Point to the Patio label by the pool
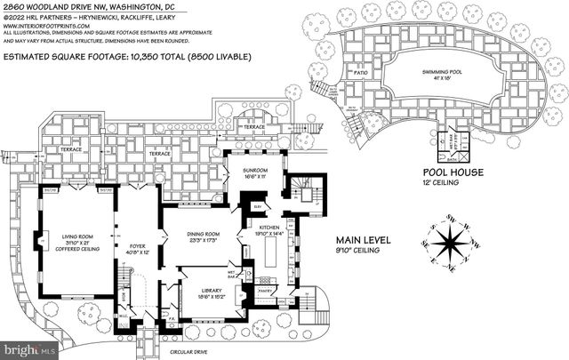click(359, 71)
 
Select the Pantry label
click(264, 289)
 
